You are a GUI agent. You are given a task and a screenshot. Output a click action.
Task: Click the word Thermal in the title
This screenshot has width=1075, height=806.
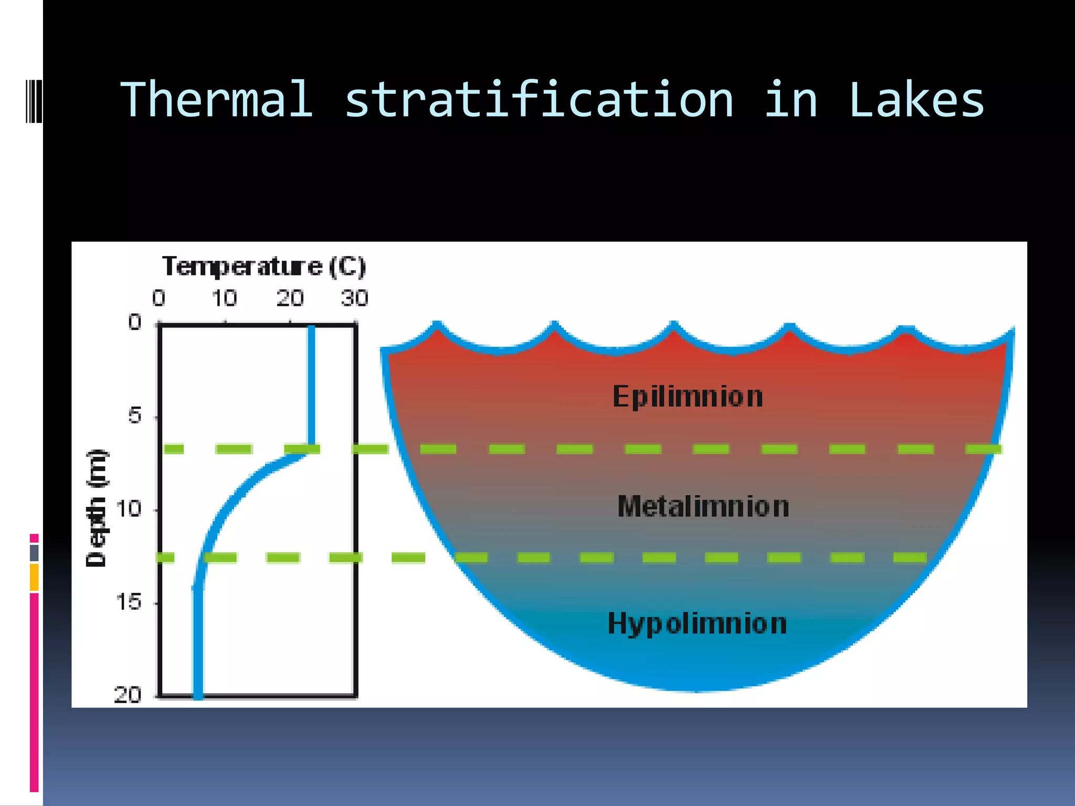point(216,100)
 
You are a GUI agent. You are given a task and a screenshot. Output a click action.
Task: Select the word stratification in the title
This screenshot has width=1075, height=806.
point(539,100)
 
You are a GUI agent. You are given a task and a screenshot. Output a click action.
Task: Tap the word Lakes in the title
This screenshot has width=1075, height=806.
point(916,100)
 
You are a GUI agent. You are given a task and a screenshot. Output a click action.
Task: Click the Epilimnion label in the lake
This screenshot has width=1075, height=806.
point(688,397)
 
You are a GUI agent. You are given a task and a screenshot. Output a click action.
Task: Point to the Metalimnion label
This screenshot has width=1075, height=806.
point(703,507)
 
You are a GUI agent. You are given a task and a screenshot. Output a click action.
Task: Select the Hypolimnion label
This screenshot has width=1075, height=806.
point(697,624)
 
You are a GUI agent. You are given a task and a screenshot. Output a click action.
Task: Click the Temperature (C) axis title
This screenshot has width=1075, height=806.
point(264,267)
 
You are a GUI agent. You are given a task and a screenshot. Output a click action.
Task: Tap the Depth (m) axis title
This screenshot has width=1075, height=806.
point(96,508)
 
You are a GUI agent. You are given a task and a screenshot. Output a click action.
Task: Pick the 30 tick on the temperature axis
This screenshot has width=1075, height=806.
point(354,298)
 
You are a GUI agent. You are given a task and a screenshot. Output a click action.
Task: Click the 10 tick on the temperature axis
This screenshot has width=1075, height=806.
point(224,298)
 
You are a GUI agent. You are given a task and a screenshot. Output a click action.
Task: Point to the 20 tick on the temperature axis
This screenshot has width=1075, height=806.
point(290,298)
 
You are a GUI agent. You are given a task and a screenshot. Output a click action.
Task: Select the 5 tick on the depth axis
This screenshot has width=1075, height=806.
point(135,416)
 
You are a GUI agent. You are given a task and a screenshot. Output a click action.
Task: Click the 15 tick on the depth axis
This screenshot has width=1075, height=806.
point(129,602)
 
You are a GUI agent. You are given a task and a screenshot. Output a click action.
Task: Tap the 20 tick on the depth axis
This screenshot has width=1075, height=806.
point(128,695)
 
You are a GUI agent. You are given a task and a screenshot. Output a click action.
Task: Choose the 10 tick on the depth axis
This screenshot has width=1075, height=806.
point(129,508)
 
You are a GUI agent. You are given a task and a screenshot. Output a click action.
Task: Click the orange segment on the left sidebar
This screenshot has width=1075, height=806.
point(34,577)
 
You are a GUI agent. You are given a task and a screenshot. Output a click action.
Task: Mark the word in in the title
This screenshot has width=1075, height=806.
point(791,100)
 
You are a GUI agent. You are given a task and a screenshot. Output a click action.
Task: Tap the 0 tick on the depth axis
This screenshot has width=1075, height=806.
point(135,322)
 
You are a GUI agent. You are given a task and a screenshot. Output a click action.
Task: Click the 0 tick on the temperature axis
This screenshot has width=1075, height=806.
point(159,298)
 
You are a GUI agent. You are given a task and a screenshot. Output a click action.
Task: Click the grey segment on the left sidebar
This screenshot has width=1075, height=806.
point(34,553)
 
